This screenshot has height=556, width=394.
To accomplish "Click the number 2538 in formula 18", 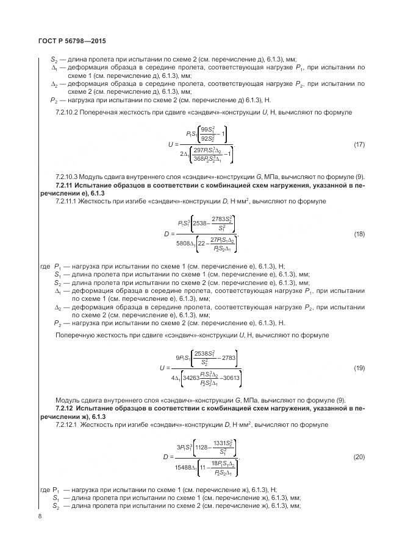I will point(202,223).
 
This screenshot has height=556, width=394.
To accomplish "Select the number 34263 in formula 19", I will point(192,378).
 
